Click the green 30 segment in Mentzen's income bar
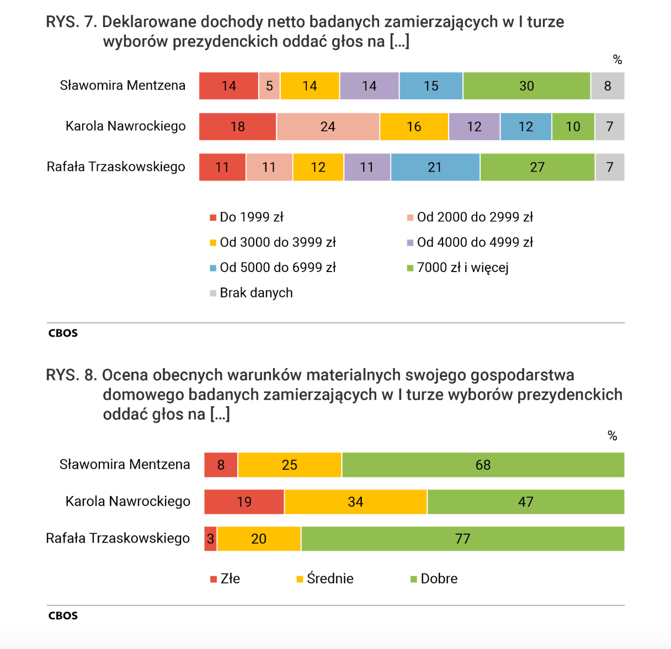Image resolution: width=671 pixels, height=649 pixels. pyautogui.click(x=526, y=86)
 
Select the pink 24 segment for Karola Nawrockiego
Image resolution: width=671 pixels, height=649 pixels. pyautogui.click(x=328, y=126)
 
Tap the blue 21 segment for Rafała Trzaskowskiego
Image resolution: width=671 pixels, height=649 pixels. pyautogui.click(x=435, y=167)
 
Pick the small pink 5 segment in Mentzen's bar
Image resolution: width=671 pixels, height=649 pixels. pyautogui.click(x=269, y=86)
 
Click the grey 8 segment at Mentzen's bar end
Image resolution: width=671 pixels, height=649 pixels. pyautogui.click(x=608, y=86)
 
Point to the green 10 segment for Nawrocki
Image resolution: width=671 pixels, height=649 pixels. pyautogui.click(x=573, y=126)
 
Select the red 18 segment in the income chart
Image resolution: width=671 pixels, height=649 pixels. pyautogui.click(x=238, y=126)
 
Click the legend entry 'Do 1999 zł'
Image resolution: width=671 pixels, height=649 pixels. pyautogui.click(x=247, y=217)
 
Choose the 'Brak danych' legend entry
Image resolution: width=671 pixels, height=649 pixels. pyautogui.click(x=251, y=293)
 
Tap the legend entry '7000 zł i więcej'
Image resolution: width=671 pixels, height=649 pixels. pyautogui.click(x=457, y=268)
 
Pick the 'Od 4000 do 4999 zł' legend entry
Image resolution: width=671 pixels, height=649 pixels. pyautogui.click(x=470, y=242)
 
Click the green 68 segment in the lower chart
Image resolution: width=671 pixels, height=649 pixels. pyautogui.click(x=483, y=465)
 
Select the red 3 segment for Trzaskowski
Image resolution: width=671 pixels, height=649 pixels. pyautogui.click(x=210, y=539)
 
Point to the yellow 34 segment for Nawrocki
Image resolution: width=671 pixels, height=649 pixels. pyautogui.click(x=355, y=502)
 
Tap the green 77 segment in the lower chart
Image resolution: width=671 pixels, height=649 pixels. pyautogui.click(x=463, y=539)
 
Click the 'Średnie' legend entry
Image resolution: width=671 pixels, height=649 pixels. pyautogui.click(x=325, y=579)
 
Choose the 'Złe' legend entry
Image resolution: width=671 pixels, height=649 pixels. pyautogui.click(x=225, y=579)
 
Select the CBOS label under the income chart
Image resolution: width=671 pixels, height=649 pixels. pyautogui.click(x=63, y=333)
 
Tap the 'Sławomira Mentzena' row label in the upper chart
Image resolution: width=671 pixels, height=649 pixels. pyautogui.click(x=123, y=85)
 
